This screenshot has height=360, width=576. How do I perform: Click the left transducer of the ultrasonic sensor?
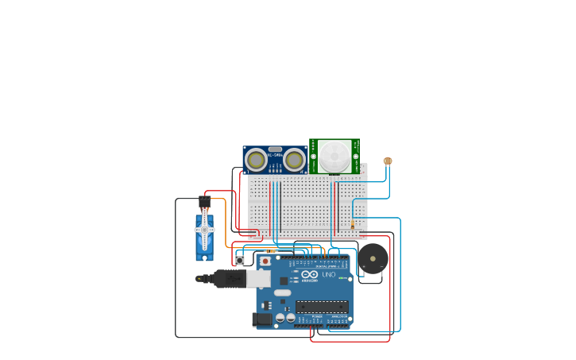[256, 161]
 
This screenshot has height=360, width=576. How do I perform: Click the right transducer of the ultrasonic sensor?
[294, 161]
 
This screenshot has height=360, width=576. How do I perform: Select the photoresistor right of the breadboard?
[388, 161]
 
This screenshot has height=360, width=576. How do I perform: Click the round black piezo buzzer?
[373, 259]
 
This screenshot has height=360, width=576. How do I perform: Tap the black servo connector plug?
[204, 203]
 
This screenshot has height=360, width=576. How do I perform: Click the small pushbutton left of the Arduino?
[240, 260]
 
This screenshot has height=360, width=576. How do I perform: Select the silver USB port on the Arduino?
[258, 278]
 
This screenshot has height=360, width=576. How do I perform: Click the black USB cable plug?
[229, 279]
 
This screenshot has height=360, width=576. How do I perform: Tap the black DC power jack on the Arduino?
[262, 319]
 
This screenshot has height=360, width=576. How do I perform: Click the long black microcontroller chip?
[322, 307]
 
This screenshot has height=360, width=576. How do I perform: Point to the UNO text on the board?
[329, 275]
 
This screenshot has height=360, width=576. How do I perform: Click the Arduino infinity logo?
[309, 275]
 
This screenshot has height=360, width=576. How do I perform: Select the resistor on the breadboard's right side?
[353, 224]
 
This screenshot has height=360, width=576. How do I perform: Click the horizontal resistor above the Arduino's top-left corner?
[271, 250]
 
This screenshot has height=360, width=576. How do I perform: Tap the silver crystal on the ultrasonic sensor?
[275, 149]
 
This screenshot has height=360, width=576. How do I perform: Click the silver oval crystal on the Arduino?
[283, 292]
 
